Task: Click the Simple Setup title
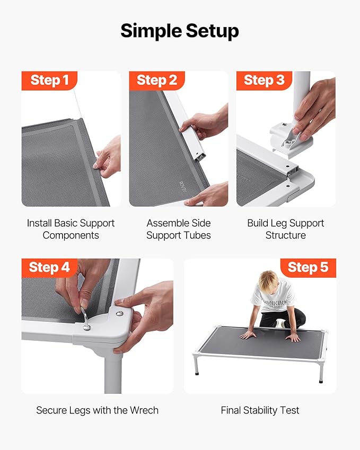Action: [180, 31]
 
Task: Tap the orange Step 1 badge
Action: [49, 81]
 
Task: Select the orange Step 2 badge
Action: [157, 81]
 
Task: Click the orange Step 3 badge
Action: [264, 81]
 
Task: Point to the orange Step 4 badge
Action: [49, 268]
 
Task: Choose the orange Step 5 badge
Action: [308, 268]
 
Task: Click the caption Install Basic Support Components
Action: [71, 229]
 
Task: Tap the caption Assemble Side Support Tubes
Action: [179, 229]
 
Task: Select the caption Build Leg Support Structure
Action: [286, 229]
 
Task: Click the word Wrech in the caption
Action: [144, 410]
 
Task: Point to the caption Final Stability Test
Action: [260, 410]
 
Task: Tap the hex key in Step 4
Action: [85, 319]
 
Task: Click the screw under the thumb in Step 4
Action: [120, 313]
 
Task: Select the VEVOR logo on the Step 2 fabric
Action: [181, 187]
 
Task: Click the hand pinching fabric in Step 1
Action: [108, 157]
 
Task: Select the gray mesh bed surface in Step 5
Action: [261, 341]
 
